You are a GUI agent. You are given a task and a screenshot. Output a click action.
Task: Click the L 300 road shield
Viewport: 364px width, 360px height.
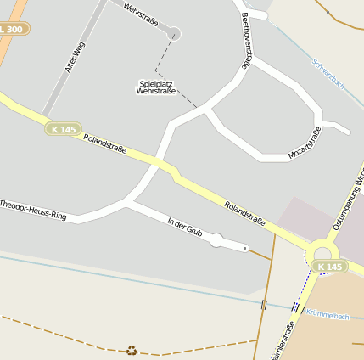coord(12,29)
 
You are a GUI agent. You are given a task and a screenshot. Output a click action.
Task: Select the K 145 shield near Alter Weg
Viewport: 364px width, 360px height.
coord(64,129)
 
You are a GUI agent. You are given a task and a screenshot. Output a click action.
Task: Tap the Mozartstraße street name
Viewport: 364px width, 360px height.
coord(305,143)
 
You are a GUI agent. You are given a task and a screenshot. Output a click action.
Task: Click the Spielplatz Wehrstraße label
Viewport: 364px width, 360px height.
coord(155,87)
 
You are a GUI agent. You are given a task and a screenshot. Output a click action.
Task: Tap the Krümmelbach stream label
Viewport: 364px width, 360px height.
coord(328,316)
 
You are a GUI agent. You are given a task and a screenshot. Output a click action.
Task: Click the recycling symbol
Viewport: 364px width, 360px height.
coord(132,350)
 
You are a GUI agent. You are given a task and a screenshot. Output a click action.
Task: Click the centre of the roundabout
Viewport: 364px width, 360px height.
coord(323,253)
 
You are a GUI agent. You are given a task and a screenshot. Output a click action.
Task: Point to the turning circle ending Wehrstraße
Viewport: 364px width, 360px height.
coord(175,34)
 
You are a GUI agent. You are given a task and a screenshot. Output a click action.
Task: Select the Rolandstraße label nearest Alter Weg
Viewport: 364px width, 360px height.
coord(105,143)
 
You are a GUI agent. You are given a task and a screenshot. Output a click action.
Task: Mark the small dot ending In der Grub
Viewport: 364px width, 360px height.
coord(245,248)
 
